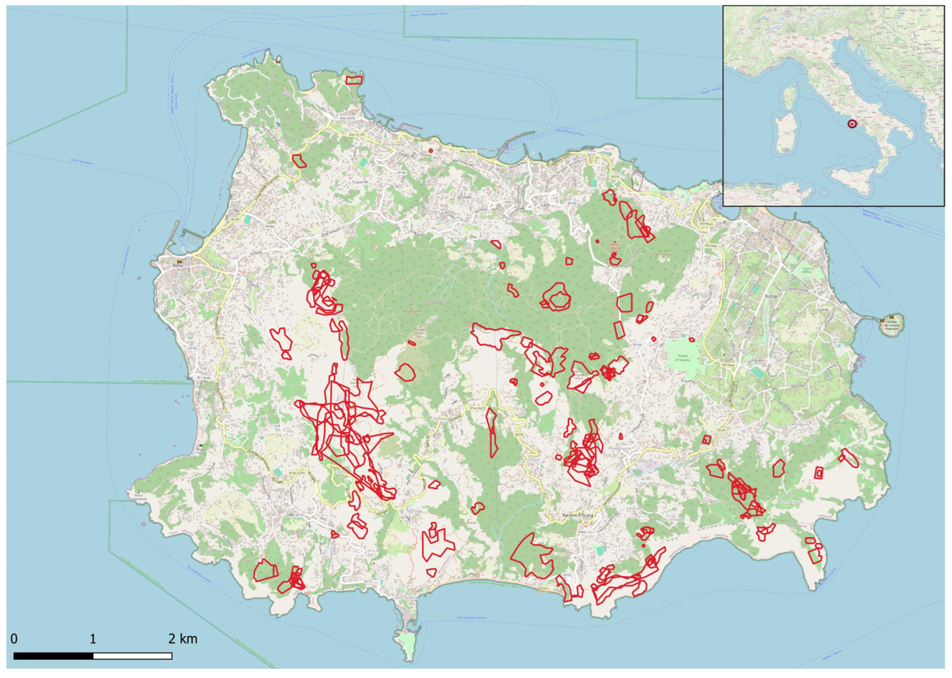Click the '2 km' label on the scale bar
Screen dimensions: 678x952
click(183, 639)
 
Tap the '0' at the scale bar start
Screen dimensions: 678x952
click(14, 639)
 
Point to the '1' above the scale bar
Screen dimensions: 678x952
click(93, 639)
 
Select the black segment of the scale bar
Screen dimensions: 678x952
click(53, 656)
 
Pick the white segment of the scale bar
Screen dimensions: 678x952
click(132, 656)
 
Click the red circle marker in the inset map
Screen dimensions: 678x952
click(852, 124)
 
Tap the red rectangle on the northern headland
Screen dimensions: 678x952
click(354, 80)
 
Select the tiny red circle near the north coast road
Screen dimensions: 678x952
click(431, 151)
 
